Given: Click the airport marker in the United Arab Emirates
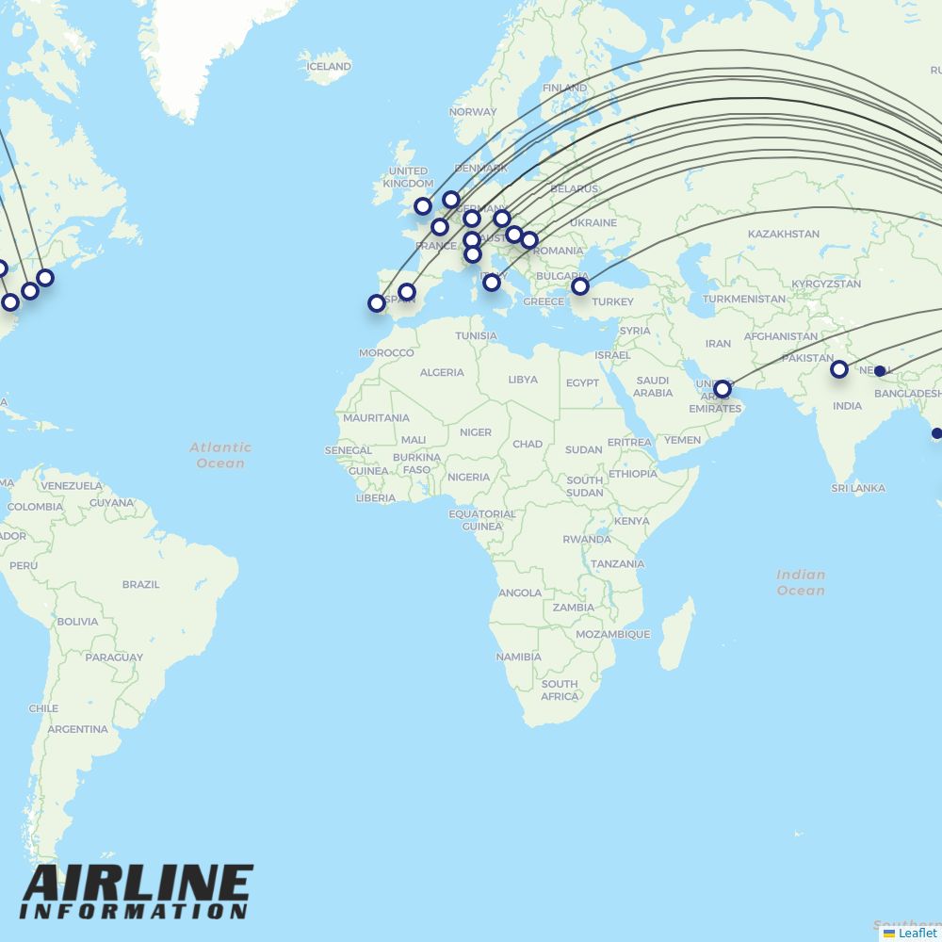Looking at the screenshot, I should [722, 389].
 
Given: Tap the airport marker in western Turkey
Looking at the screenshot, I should [580, 285].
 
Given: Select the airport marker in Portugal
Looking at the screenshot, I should [377, 303].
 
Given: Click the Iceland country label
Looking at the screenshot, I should [328, 67].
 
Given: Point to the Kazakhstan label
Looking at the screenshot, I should [783, 234].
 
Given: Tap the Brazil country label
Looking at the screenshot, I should [140, 584].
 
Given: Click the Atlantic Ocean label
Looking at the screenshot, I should [220, 455].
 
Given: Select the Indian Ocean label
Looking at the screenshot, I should [801, 582].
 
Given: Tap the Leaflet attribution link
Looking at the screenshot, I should [917, 933].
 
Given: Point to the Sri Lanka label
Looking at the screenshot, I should [858, 488].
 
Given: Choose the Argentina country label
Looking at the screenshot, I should [77, 729].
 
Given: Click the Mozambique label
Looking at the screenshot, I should [612, 634].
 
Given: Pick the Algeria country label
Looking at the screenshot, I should [442, 372].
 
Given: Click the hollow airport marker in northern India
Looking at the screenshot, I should [838, 369].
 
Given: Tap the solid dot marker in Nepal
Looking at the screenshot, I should [880, 371].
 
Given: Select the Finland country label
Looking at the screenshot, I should [564, 88].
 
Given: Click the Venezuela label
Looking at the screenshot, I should [72, 486].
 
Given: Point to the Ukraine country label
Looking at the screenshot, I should [593, 223].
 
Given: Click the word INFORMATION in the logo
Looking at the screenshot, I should [133, 912].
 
